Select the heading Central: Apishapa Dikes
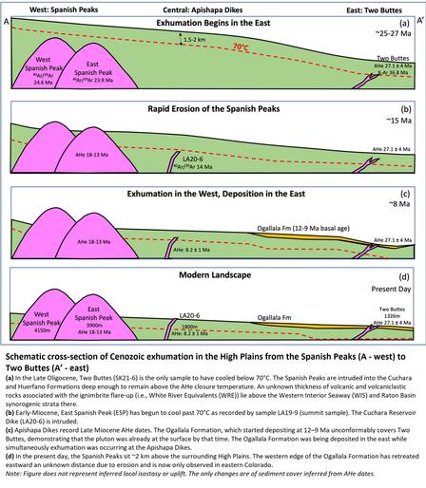click(207, 7)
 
